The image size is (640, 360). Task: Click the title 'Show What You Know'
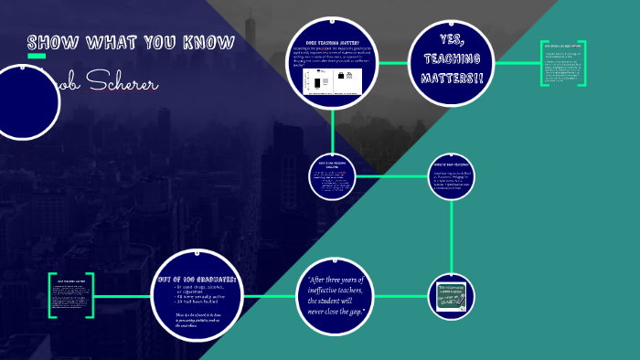131,43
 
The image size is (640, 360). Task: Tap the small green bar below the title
37,57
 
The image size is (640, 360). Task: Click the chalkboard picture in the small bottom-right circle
452,297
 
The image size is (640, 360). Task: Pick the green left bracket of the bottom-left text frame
52,295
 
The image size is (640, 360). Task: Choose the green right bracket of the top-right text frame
581,64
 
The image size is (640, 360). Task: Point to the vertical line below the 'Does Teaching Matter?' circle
333,127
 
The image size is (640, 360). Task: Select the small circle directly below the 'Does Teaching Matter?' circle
333,176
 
